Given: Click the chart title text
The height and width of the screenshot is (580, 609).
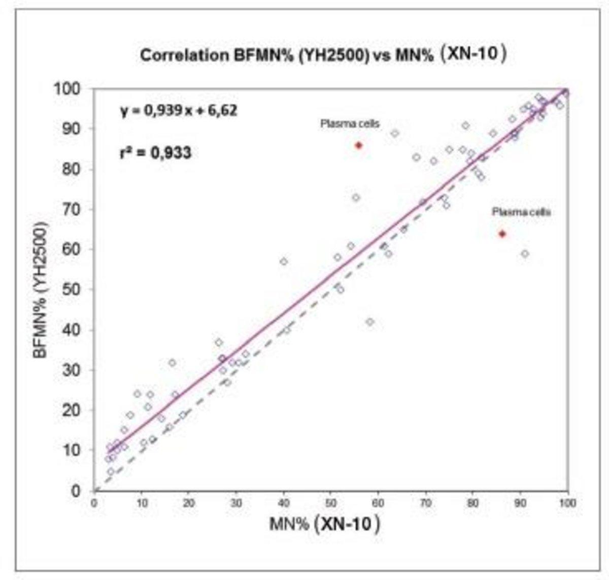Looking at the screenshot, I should [x=323, y=54].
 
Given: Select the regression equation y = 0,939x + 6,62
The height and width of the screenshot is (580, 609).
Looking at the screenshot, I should [x=178, y=110].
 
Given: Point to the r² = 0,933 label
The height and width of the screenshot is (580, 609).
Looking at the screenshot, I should [x=155, y=152].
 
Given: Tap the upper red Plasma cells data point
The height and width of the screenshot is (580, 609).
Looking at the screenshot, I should [x=358, y=145].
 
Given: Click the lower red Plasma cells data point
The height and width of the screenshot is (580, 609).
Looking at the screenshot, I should [x=502, y=234].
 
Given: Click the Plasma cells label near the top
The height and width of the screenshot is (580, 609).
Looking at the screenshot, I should [x=350, y=123].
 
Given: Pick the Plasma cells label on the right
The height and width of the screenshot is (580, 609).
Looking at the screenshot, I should [x=521, y=212].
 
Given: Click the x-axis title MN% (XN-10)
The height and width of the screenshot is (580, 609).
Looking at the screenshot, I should [x=324, y=524].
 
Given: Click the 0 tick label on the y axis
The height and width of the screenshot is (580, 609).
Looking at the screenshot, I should [x=76, y=491].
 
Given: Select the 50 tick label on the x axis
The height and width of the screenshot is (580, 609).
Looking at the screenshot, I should [x=330, y=503].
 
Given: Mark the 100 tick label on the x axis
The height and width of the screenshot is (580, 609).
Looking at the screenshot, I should [x=567, y=503].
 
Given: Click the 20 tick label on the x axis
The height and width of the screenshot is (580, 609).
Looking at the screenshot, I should [x=189, y=503].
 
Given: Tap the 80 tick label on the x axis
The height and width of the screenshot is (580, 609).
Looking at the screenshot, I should [x=472, y=503].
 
